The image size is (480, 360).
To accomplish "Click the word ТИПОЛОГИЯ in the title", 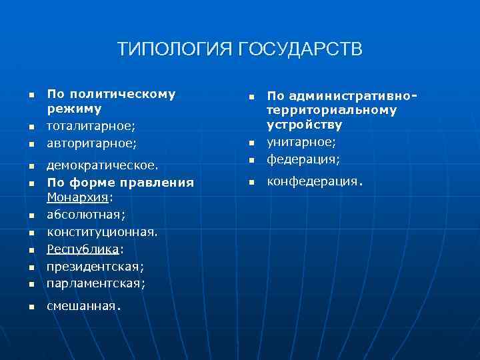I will pyautogui.click(x=175, y=49).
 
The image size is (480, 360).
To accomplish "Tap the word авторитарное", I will pyautogui.click(x=89, y=143).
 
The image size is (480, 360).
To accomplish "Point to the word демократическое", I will pyautogui.click(x=101, y=164).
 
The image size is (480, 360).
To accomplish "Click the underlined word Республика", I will pyautogui.click(x=82, y=249).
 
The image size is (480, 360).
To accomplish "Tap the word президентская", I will pyautogui.click(x=95, y=266).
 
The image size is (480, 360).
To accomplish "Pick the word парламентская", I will pyautogui.click(x=95, y=283).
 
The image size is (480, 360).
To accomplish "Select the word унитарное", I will pyautogui.click(x=301, y=142).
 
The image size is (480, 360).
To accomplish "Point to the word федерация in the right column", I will pyautogui.click(x=301, y=159).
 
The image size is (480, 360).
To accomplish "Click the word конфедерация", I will pyautogui.click(x=313, y=181).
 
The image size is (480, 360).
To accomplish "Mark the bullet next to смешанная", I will pyautogui.click(x=31, y=307).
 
